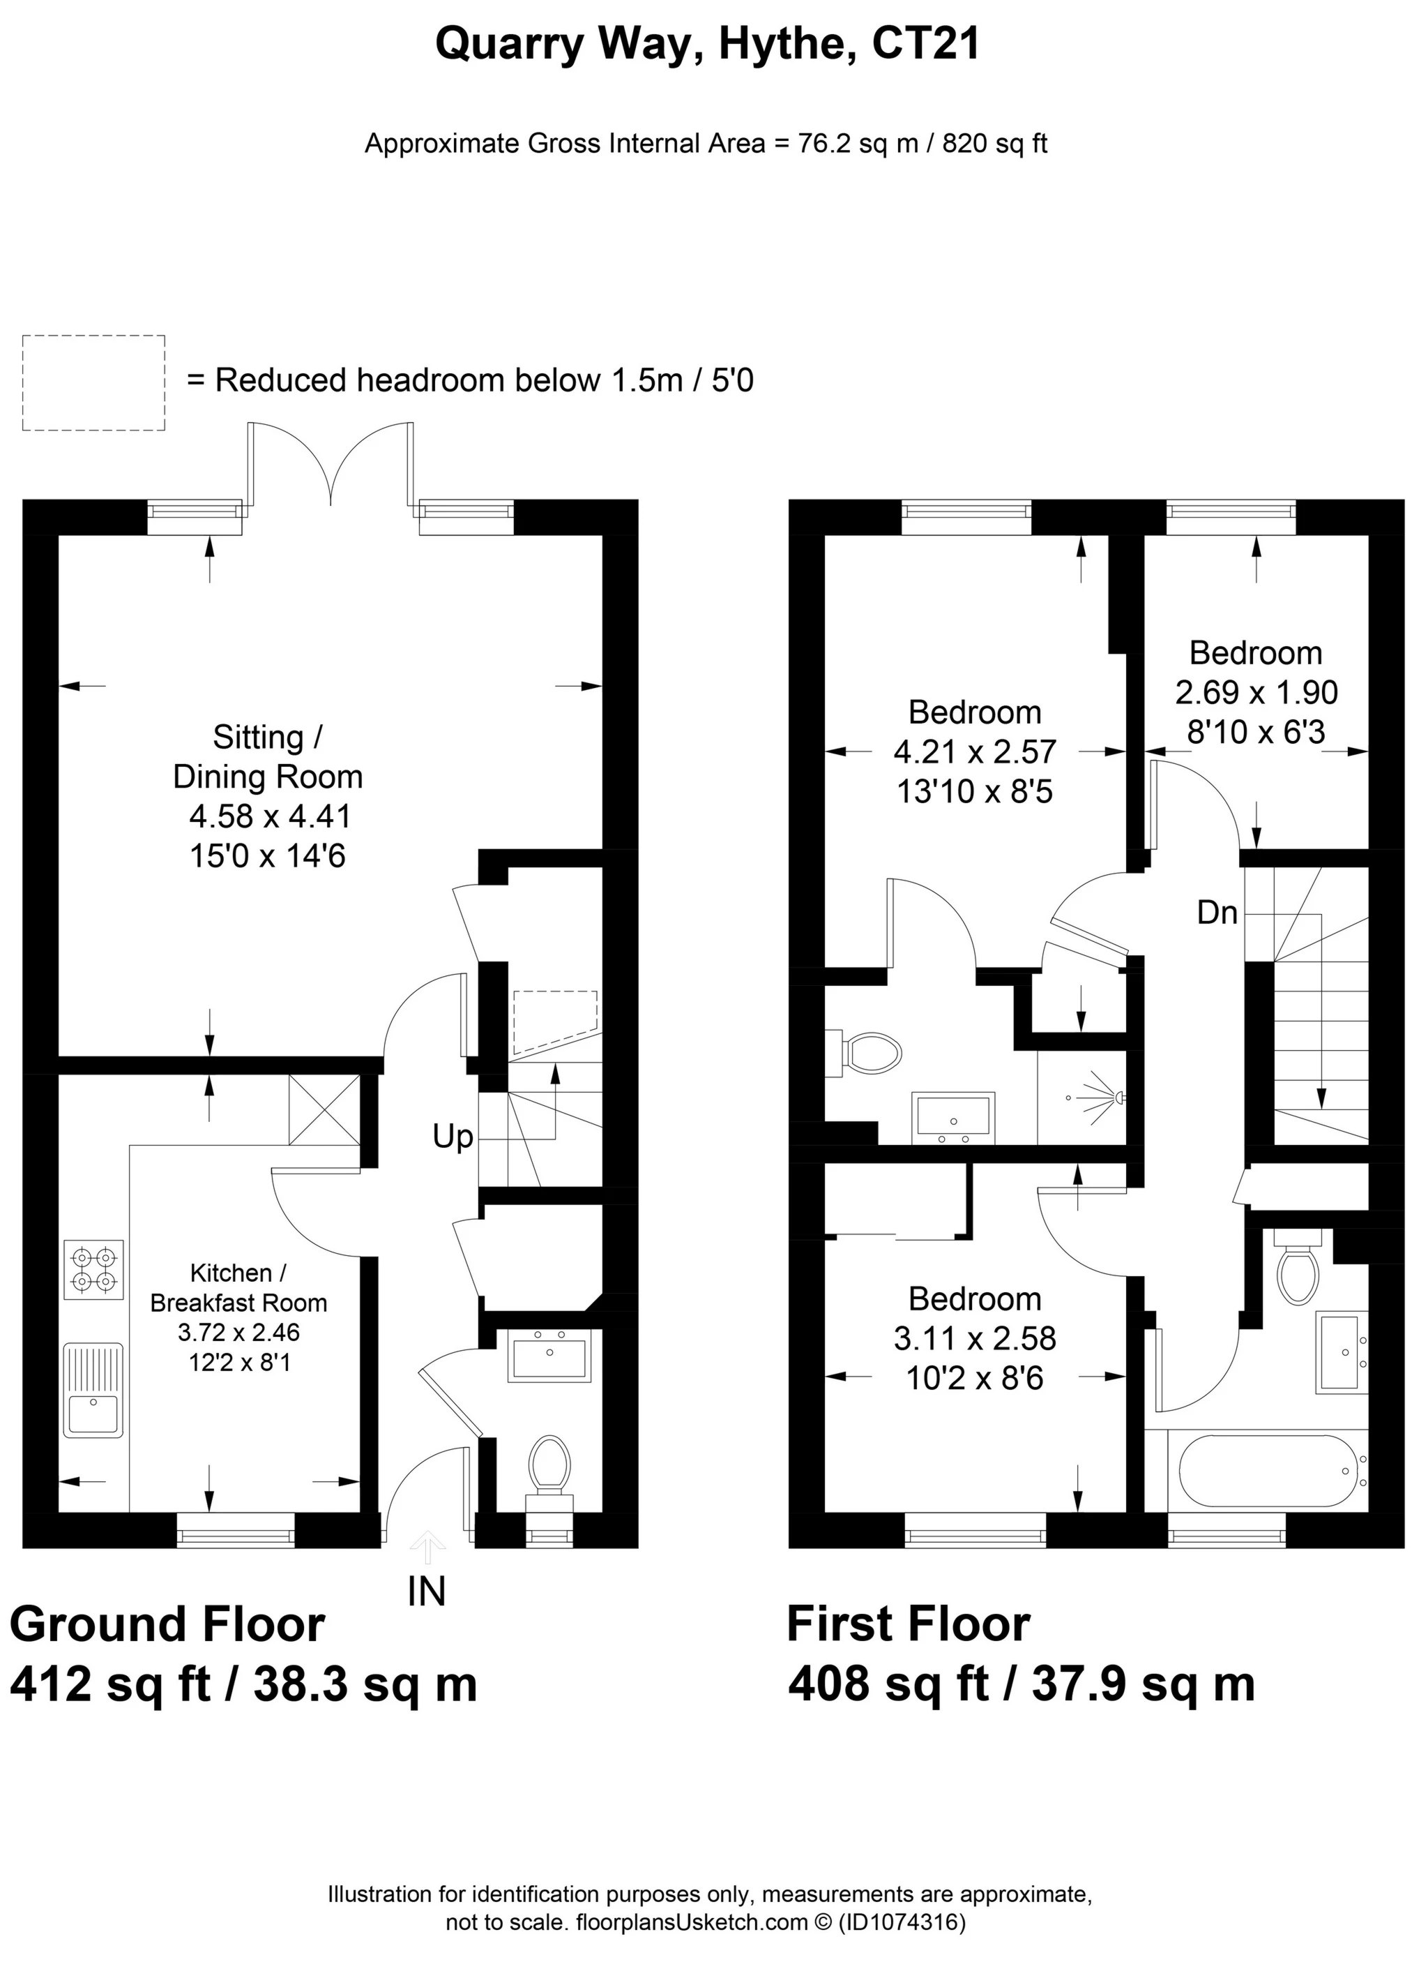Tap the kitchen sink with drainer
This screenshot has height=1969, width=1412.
(x=93, y=1390)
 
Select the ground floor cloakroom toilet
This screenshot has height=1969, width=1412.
(x=549, y=1467)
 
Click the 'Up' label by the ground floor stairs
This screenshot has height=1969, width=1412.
(x=453, y=1137)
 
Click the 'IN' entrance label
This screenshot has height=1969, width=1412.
(x=426, y=1592)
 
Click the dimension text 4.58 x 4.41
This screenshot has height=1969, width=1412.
(x=269, y=816)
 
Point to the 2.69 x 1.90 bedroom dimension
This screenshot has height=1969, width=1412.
(x=1256, y=692)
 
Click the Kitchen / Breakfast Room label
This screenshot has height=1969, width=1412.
(x=238, y=1287)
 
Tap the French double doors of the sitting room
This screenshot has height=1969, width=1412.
(x=331, y=465)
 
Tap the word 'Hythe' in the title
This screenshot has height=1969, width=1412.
(x=782, y=43)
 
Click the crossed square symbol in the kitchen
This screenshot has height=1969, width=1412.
(x=324, y=1109)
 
